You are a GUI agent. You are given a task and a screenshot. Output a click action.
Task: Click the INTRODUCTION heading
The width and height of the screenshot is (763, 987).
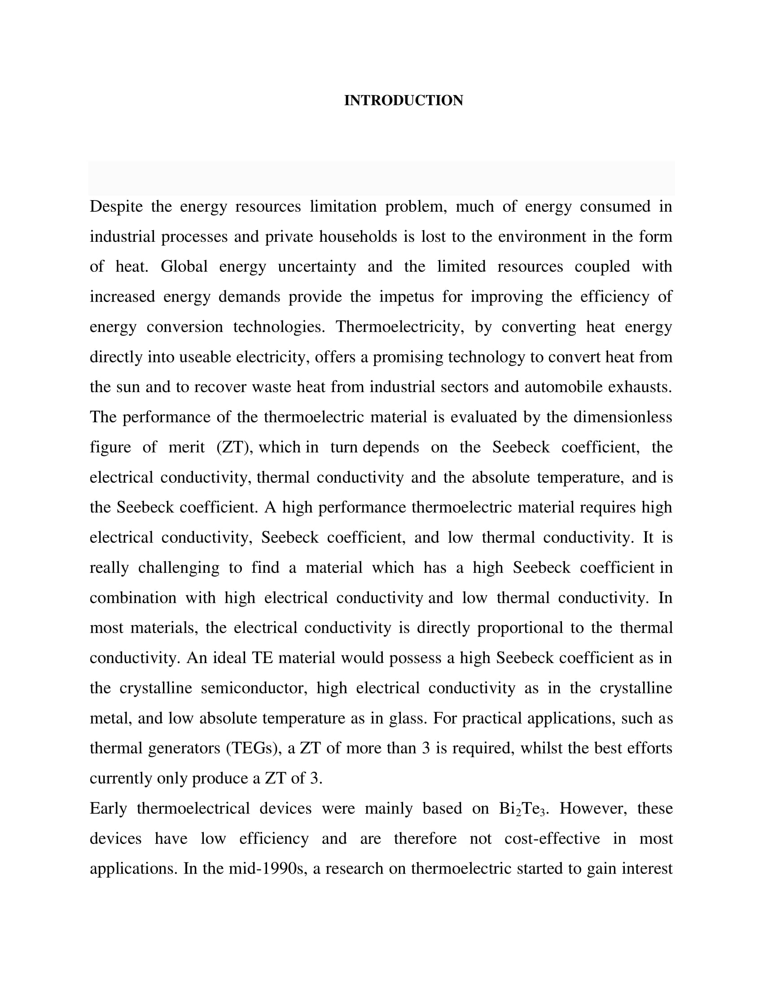[x=403, y=100]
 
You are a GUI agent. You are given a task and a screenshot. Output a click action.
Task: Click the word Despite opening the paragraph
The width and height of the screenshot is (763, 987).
[x=116, y=206]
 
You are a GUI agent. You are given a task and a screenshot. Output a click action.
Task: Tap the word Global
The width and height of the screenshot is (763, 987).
[x=184, y=266]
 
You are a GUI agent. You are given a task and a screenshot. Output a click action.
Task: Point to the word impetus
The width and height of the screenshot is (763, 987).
[x=406, y=297]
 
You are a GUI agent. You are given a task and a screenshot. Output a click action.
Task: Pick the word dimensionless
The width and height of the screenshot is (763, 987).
[x=623, y=417]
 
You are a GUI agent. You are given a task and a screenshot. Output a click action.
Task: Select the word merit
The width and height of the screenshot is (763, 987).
[x=186, y=447]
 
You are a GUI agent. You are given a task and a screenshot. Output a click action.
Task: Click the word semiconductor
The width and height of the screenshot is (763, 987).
[x=254, y=688]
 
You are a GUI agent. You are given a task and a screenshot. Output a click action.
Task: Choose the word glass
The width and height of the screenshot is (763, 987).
[x=408, y=718]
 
